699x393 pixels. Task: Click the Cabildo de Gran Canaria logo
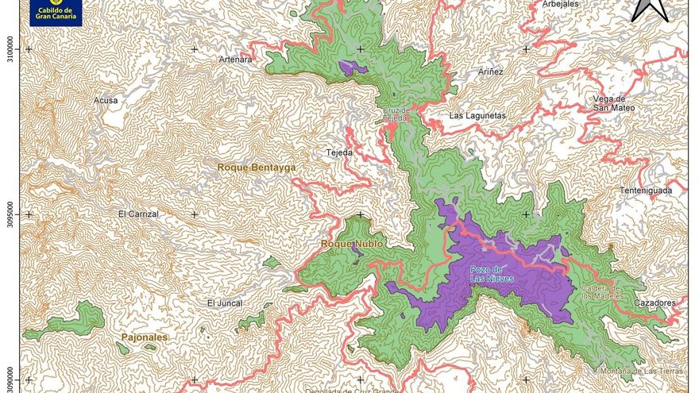click(54, 12)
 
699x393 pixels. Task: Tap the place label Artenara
click(235, 60)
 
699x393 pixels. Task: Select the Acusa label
click(106, 100)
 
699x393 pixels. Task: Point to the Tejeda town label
click(339, 152)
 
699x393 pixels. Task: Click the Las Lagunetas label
click(477, 116)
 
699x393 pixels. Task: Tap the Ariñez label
click(490, 71)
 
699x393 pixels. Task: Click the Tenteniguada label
click(646, 191)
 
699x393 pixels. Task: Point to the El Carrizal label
click(138, 214)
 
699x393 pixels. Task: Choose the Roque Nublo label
click(351, 245)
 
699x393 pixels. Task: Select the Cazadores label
click(655, 303)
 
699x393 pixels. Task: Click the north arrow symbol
click(649, 10)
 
